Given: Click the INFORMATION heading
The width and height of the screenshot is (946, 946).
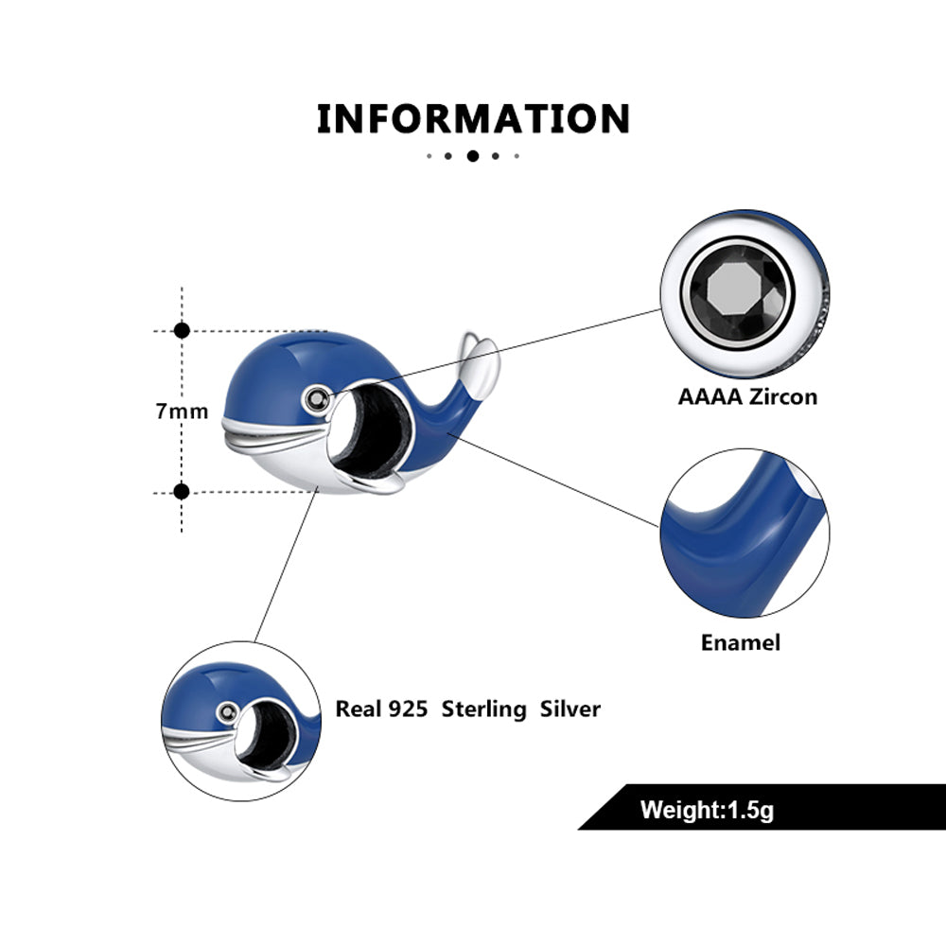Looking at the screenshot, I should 473,120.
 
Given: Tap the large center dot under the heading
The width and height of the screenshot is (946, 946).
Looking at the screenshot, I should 473,156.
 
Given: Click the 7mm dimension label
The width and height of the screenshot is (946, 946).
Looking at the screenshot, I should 183,411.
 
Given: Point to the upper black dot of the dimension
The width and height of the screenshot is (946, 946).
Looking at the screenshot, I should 183,330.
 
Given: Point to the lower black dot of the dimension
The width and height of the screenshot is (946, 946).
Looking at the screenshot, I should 183,491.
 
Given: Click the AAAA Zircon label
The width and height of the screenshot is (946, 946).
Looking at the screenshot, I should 746,396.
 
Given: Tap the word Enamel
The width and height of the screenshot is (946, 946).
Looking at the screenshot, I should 741,643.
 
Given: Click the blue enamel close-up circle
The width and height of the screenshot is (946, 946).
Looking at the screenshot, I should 744,533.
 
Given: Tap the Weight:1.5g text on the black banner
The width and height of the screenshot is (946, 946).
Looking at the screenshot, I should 707,810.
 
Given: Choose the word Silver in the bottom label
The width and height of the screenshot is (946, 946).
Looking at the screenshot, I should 569,709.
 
